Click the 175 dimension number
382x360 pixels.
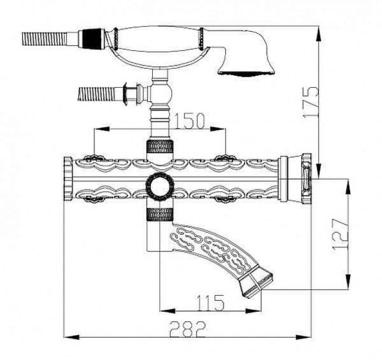311,102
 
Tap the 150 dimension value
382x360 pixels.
189,120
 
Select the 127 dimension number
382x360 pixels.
341,234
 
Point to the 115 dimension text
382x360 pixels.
210,303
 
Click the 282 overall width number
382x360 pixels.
188,329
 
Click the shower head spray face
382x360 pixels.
246,73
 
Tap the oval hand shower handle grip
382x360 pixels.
158,39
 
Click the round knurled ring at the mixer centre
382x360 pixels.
160,186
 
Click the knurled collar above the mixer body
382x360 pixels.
160,147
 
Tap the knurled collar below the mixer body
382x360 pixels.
160,214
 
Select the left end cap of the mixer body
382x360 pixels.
68,179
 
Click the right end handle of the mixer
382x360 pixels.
295,179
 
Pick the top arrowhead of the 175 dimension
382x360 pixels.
318,35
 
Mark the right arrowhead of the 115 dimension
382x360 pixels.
253,311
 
